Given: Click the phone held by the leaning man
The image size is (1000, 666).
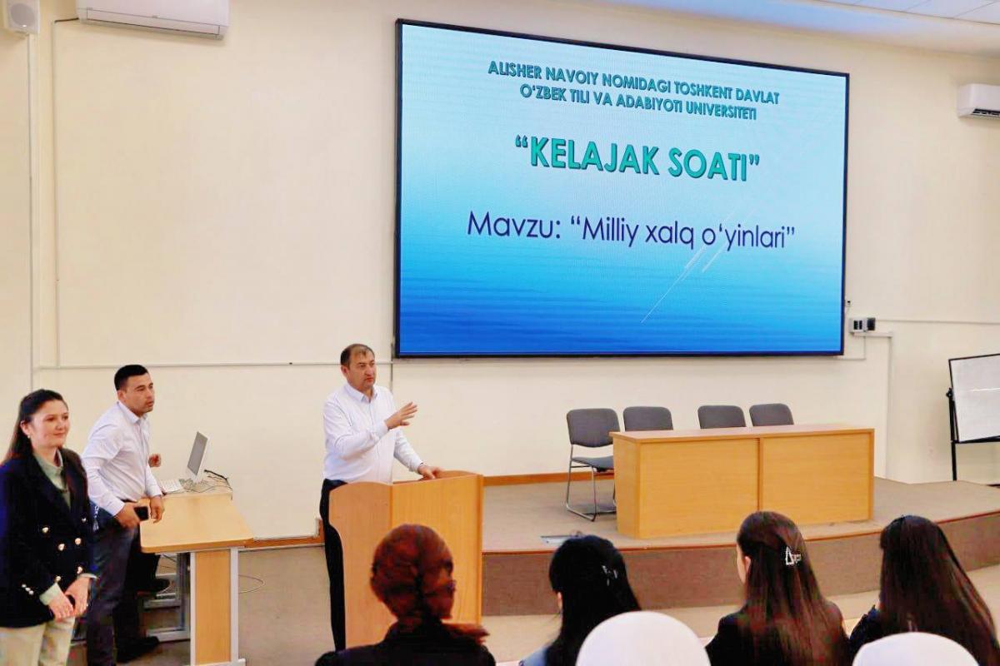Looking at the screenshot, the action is (142, 513).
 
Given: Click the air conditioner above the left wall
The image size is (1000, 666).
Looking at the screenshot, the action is (152, 17).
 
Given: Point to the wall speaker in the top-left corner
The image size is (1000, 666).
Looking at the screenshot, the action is (21, 16).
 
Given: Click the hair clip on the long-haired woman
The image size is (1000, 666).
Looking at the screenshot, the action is (793, 554).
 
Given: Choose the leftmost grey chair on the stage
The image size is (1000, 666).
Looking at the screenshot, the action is (592, 462).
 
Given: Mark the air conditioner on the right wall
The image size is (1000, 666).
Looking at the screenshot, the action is (977, 102).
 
